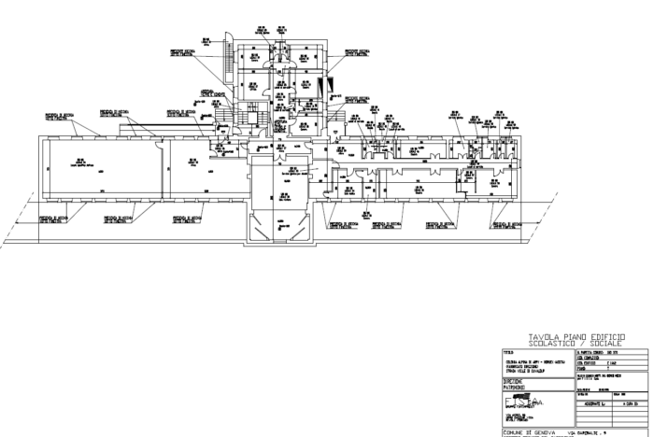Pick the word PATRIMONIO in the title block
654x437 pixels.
(518, 388)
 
